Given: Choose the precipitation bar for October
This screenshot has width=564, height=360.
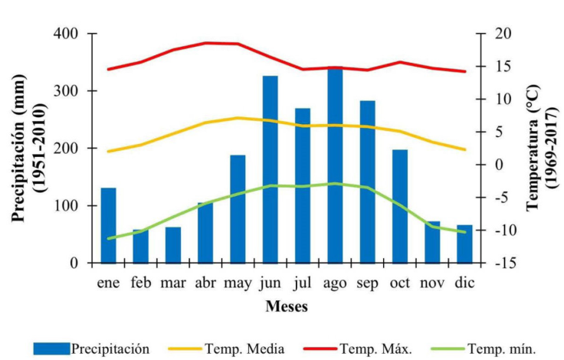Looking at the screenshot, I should [x=400, y=206].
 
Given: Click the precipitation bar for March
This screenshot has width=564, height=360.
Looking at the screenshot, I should [x=173, y=244].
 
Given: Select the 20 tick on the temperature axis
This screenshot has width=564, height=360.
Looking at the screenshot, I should [x=493, y=34].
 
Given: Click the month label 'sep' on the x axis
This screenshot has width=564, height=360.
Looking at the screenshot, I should [x=368, y=283].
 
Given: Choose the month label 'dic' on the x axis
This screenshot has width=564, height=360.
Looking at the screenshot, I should [x=464, y=283].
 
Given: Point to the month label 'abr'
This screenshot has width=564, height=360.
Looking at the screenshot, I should [x=205, y=283].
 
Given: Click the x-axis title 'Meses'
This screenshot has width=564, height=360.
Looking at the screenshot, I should [x=287, y=307].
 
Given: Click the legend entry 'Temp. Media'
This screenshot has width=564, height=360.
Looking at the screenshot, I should [x=244, y=349].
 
